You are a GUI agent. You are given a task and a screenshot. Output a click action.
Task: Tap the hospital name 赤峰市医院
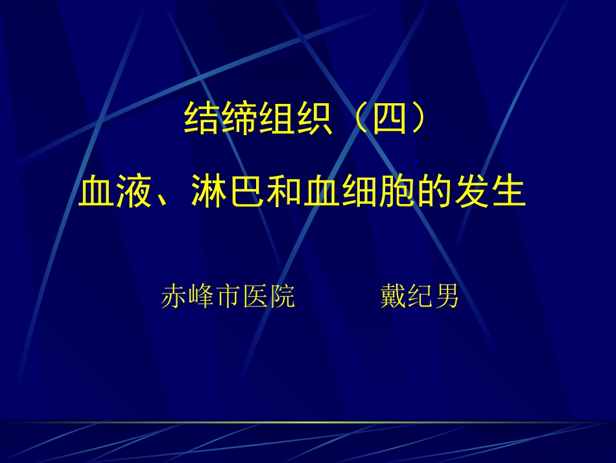[x=228, y=297]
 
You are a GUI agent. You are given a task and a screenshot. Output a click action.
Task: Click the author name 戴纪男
[x=420, y=297]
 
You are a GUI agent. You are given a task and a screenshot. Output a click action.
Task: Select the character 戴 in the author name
[x=392, y=297]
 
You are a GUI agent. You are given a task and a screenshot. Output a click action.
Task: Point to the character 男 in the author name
[x=447, y=297]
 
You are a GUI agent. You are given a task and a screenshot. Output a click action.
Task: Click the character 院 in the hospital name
[x=282, y=297]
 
